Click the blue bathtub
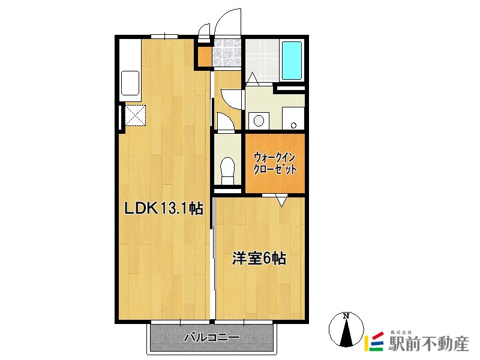[292, 61]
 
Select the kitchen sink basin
[130, 83]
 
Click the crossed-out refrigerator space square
[136, 115]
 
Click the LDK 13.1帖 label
[163, 209]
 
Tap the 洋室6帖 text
[259, 259]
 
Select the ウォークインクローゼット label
[275, 163]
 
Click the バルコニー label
[211, 338]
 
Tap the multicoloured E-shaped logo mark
[374, 343]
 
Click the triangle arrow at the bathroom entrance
[251, 77]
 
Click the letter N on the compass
[346, 316]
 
